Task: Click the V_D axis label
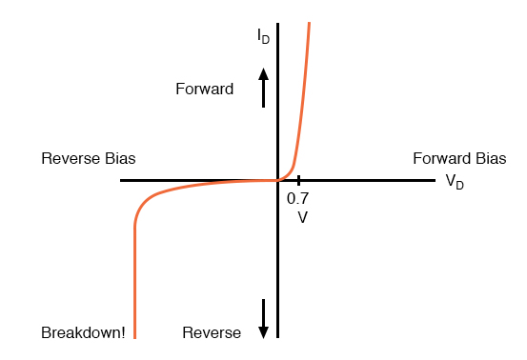[455, 182]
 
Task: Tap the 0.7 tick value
[297, 199]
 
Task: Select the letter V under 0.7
[302, 216]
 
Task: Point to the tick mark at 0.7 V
[298, 180]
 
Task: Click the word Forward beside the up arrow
[204, 90]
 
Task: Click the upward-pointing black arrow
[264, 85]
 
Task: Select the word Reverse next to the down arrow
[212, 333]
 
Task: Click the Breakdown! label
[83, 333]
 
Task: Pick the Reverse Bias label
[94, 158]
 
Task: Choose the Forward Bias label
[459, 158]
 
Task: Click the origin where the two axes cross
[277, 180]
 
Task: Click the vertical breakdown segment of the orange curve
[135, 286]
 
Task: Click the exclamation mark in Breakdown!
[123, 333]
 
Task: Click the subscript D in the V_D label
[460, 185]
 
